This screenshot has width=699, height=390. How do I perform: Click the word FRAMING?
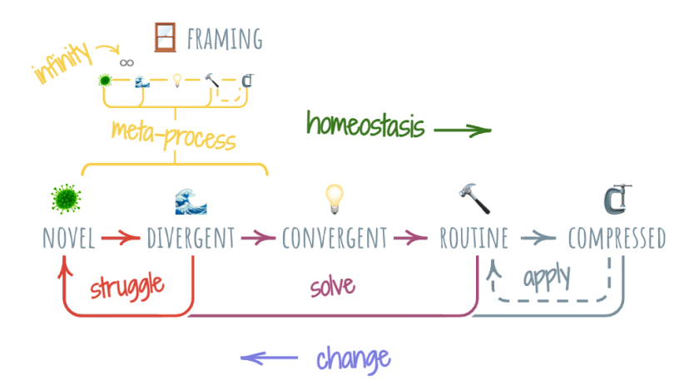point(225,38)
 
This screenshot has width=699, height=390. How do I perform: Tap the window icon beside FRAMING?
point(166,37)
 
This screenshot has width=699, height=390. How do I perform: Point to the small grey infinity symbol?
point(126,62)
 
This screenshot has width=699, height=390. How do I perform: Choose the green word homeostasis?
point(365,126)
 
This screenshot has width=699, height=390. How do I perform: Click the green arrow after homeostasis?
point(462,130)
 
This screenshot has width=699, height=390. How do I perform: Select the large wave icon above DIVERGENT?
point(191,201)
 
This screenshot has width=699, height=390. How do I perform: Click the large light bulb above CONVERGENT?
point(335,200)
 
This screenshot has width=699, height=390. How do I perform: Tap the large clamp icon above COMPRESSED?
point(617,200)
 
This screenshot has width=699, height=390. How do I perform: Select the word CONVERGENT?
point(335,239)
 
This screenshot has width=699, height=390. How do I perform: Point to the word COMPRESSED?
point(617,239)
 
